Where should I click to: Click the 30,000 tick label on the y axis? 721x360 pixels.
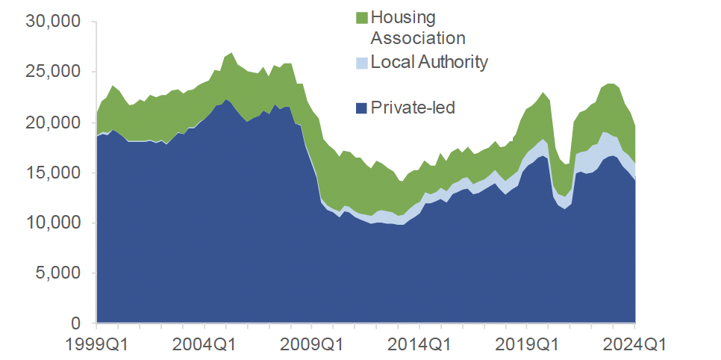(53, 22)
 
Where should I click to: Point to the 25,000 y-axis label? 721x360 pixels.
(53, 72)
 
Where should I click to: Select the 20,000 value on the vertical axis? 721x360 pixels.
(53, 122)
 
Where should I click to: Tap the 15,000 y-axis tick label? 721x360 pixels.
(53, 173)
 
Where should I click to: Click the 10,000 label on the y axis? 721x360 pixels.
(53, 223)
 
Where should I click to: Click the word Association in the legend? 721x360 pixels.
(418, 37)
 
